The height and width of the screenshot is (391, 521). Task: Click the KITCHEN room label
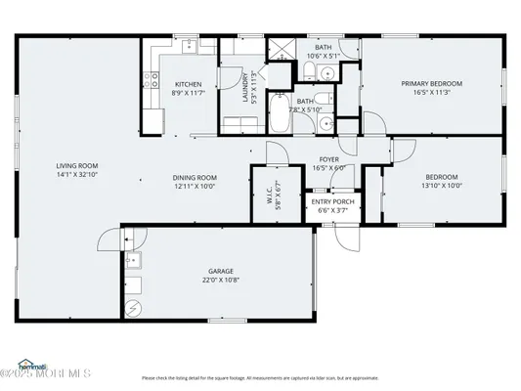point(189,84)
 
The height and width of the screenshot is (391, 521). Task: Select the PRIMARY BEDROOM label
point(431,84)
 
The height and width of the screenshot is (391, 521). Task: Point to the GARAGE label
point(220,271)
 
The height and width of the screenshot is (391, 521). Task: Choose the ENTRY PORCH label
point(332,201)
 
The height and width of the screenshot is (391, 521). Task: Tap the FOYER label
point(328,158)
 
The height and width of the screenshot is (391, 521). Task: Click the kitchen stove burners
point(152,82)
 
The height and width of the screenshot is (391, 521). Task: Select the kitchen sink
point(195,46)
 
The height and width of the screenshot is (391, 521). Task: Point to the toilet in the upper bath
point(328,76)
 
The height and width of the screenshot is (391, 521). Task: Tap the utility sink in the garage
point(136,260)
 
